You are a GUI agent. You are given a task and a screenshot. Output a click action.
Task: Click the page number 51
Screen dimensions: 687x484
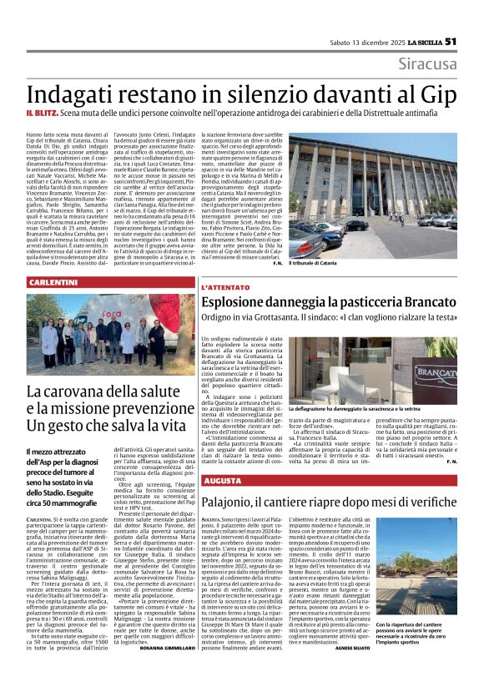(451, 41)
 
